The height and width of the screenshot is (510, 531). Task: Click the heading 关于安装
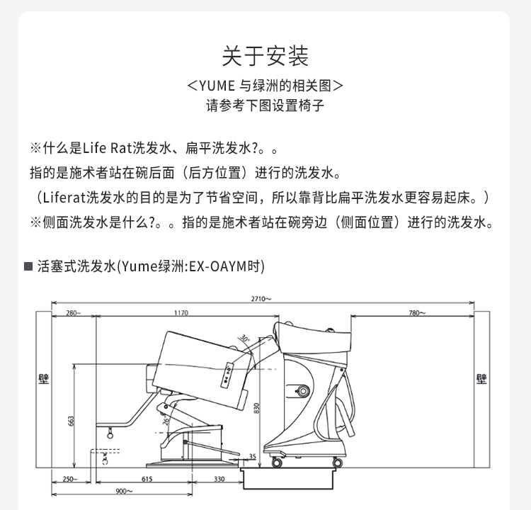point(265,56)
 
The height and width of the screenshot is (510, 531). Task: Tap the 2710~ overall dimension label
point(261,299)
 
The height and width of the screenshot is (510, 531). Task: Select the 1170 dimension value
point(181,313)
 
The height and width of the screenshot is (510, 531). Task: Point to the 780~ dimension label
point(417,313)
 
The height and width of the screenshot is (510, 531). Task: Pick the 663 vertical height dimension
point(71,421)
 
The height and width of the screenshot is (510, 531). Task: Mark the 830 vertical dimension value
point(256,408)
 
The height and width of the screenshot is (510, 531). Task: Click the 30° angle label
point(244,338)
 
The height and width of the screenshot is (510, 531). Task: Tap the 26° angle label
point(166,421)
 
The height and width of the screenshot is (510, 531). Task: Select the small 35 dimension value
point(252,456)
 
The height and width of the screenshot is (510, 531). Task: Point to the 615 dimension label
point(147,479)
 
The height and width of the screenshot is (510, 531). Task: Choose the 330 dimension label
point(219,479)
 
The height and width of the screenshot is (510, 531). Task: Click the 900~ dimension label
point(124,491)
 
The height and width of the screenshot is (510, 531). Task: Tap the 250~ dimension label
point(70,479)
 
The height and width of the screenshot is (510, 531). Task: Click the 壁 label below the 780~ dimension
point(481,379)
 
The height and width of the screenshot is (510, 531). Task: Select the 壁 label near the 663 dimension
point(44,379)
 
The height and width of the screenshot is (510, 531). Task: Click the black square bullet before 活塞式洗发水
point(28,266)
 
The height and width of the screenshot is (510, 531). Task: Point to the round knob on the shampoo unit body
point(302,392)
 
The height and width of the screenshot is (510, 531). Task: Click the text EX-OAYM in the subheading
point(217,266)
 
